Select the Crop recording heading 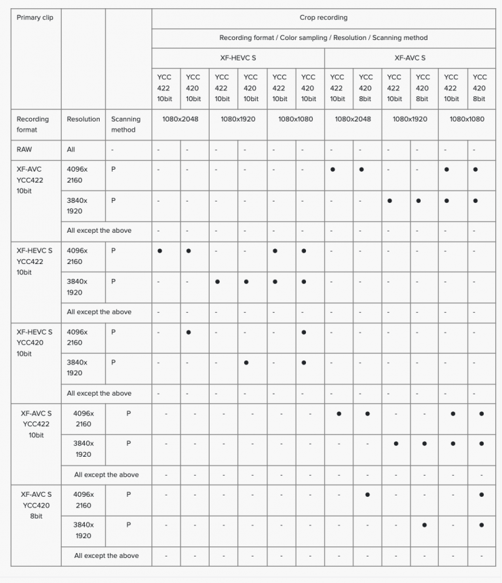click(323, 18)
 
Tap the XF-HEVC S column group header click(238, 58)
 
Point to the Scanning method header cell click(125, 124)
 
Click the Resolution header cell click(83, 119)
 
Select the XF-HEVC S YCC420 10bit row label click(34, 343)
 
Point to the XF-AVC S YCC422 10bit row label click(36, 424)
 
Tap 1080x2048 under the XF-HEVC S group click(180, 119)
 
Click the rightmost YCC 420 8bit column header click(480, 88)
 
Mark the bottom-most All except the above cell click(107, 555)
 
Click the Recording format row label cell click(33, 124)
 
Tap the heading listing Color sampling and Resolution click(323, 38)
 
